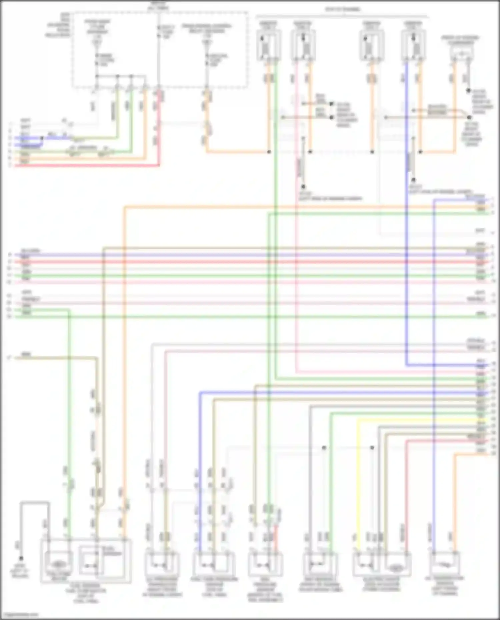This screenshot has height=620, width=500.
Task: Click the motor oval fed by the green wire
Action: [x=58, y=564]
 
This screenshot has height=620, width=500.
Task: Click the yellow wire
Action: [x=358, y=466]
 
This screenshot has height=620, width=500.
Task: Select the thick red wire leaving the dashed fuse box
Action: [x=159, y=133]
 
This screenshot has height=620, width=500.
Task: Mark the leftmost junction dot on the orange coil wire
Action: [x=269, y=152]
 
